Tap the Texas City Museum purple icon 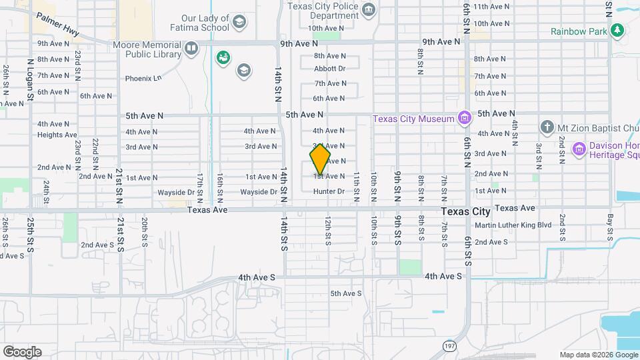tap(465, 119)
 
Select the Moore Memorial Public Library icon tap(191, 49)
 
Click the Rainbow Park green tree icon tap(618, 31)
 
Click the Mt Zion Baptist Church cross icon tap(547, 127)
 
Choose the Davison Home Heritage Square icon tap(578, 149)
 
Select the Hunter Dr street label tap(329, 191)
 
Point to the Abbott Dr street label tap(330, 69)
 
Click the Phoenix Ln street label tap(143, 79)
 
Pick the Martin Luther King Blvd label tap(513, 225)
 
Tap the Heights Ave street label tap(57, 135)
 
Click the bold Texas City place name tap(466, 211)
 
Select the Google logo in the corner tap(22, 352)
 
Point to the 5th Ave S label tap(345, 293)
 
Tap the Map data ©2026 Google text tap(598, 355)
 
